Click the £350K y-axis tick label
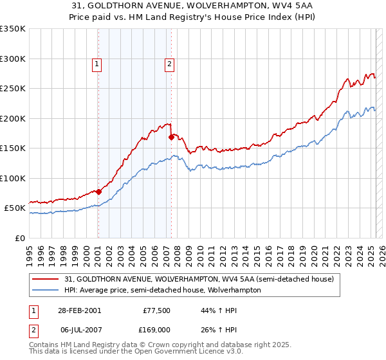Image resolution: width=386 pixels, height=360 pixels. pos(13,29)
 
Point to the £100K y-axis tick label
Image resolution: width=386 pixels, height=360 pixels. pos(13,178)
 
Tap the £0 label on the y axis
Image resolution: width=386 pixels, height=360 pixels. pos(19,238)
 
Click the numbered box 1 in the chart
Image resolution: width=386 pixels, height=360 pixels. pos(96,64)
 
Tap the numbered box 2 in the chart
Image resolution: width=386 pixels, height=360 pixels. pos(169,64)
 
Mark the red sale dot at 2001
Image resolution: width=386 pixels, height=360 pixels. pos(99,192)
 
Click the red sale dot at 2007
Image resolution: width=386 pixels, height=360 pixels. pos(171,137)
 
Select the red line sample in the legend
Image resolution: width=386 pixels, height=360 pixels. pos(46,280)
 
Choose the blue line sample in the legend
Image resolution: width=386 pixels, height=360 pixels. pos(46,290)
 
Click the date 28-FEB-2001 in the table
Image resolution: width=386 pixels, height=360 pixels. pos(78,310)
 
